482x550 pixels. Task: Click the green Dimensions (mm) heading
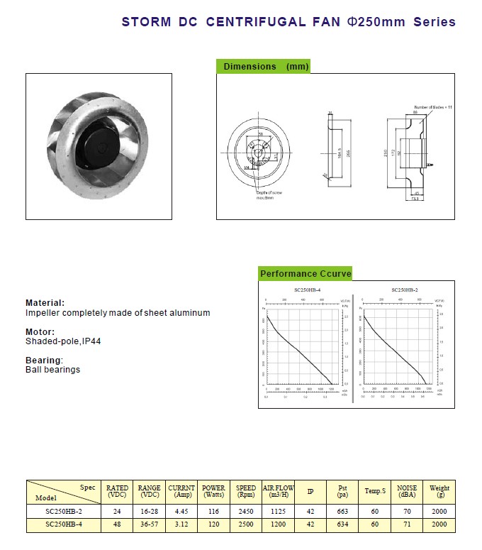pyautogui.click(x=263, y=67)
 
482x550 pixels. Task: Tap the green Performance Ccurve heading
pyautogui.click(x=306, y=274)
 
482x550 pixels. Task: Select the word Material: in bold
pyautogui.click(x=45, y=303)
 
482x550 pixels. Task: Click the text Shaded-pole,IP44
pyautogui.click(x=63, y=341)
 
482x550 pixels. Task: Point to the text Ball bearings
pyautogui.click(x=52, y=370)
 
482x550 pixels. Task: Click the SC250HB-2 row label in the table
pyautogui.click(x=63, y=511)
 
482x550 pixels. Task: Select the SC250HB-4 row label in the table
pyautogui.click(x=63, y=524)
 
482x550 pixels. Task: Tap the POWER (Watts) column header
pyautogui.click(x=213, y=491)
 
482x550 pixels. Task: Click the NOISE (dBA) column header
pyautogui.click(x=407, y=491)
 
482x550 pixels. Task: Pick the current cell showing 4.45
pyautogui.click(x=181, y=511)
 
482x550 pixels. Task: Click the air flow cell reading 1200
pyautogui.click(x=278, y=524)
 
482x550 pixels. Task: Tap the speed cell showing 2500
pyautogui.click(x=245, y=524)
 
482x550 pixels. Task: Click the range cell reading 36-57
pyautogui.click(x=149, y=524)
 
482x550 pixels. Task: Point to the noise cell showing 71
pyautogui.click(x=407, y=524)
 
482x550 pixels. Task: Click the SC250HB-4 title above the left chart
pyautogui.click(x=307, y=290)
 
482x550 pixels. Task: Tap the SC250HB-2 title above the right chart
pyautogui.click(x=404, y=290)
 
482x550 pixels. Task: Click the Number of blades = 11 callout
pyautogui.click(x=433, y=106)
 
